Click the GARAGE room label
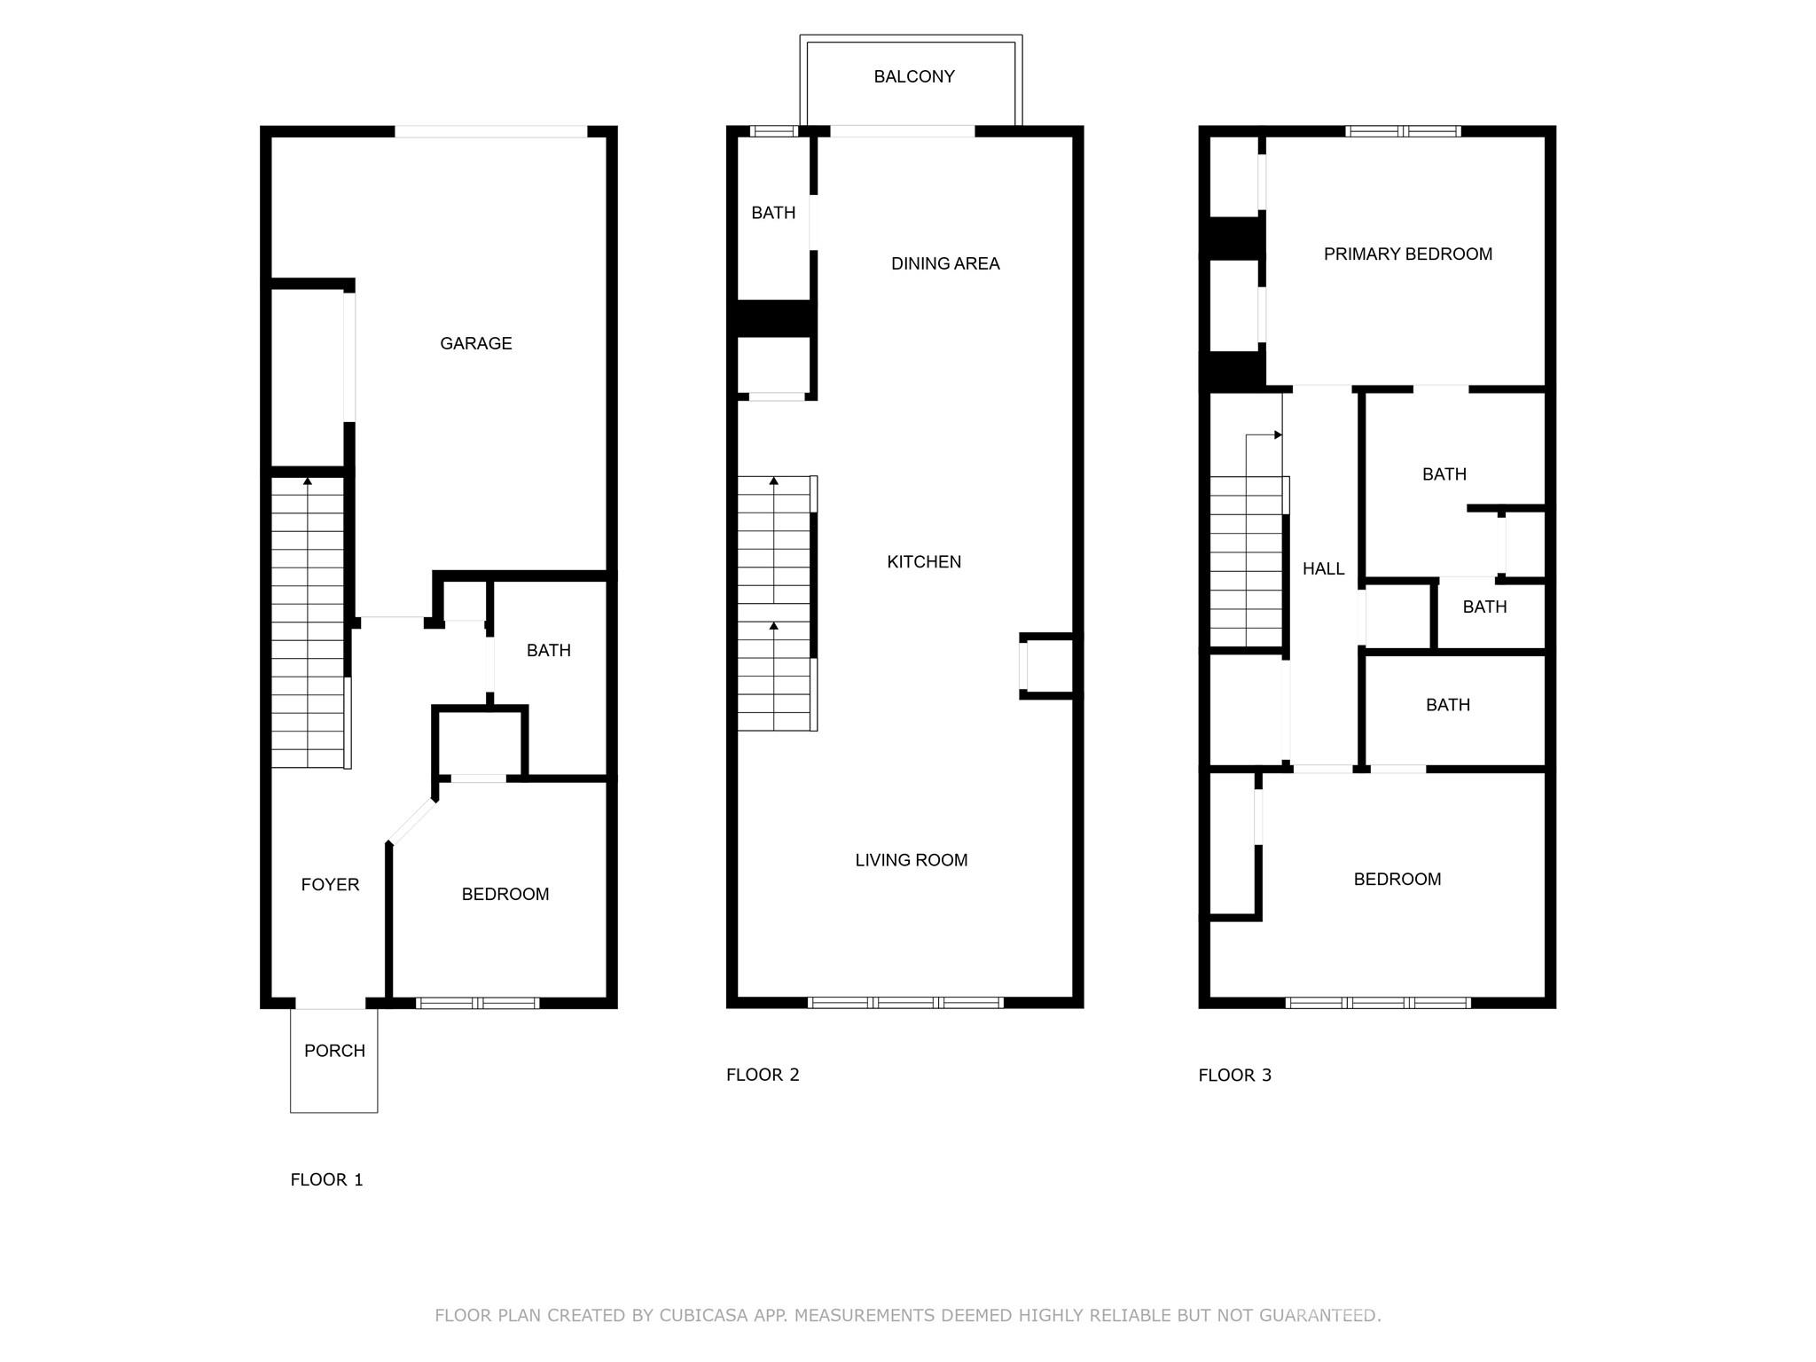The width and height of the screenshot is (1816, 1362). pyautogui.click(x=476, y=343)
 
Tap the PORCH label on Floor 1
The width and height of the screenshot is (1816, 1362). pyautogui.click(x=334, y=1051)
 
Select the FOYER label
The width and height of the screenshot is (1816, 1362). pyautogui.click(x=330, y=884)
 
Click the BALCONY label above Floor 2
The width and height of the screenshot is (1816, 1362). pyautogui.click(x=914, y=76)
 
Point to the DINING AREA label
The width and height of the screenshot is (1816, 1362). pyautogui.click(x=945, y=263)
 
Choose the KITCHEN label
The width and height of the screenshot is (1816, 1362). pyautogui.click(x=924, y=561)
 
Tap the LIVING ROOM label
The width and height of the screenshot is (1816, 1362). pyautogui.click(x=912, y=860)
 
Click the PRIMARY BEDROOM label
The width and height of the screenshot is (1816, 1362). pyautogui.click(x=1408, y=254)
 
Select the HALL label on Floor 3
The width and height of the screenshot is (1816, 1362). pyautogui.click(x=1323, y=569)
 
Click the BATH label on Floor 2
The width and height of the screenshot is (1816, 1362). pyautogui.click(x=773, y=213)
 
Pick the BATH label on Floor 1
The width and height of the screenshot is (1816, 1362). pyautogui.click(x=549, y=651)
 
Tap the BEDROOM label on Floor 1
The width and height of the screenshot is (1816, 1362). pyautogui.click(x=505, y=895)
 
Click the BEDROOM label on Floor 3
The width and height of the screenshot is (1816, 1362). pyautogui.click(x=1397, y=880)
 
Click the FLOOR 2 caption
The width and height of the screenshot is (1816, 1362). pyautogui.click(x=763, y=1075)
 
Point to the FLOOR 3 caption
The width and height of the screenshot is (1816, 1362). pyautogui.click(x=1234, y=1076)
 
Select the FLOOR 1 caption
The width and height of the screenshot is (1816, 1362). pyautogui.click(x=326, y=1179)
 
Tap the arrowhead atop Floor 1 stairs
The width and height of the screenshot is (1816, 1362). pyautogui.click(x=308, y=481)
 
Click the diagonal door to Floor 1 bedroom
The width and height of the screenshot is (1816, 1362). pyautogui.click(x=412, y=822)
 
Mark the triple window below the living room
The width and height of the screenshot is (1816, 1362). pyautogui.click(x=905, y=1003)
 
